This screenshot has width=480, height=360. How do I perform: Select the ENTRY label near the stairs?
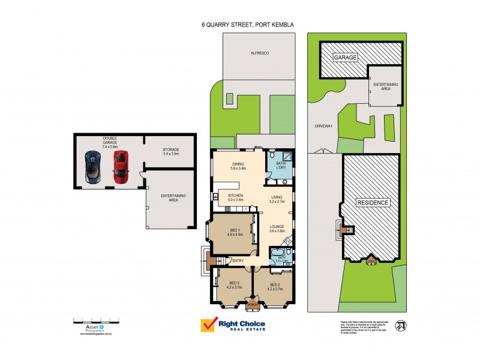click(x=238, y=260)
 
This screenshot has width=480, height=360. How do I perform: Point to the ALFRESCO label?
click(x=259, y=54)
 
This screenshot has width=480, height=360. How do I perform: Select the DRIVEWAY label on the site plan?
click(x=322, y=126)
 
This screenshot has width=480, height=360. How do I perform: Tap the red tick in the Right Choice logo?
click(x=209, y=325)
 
